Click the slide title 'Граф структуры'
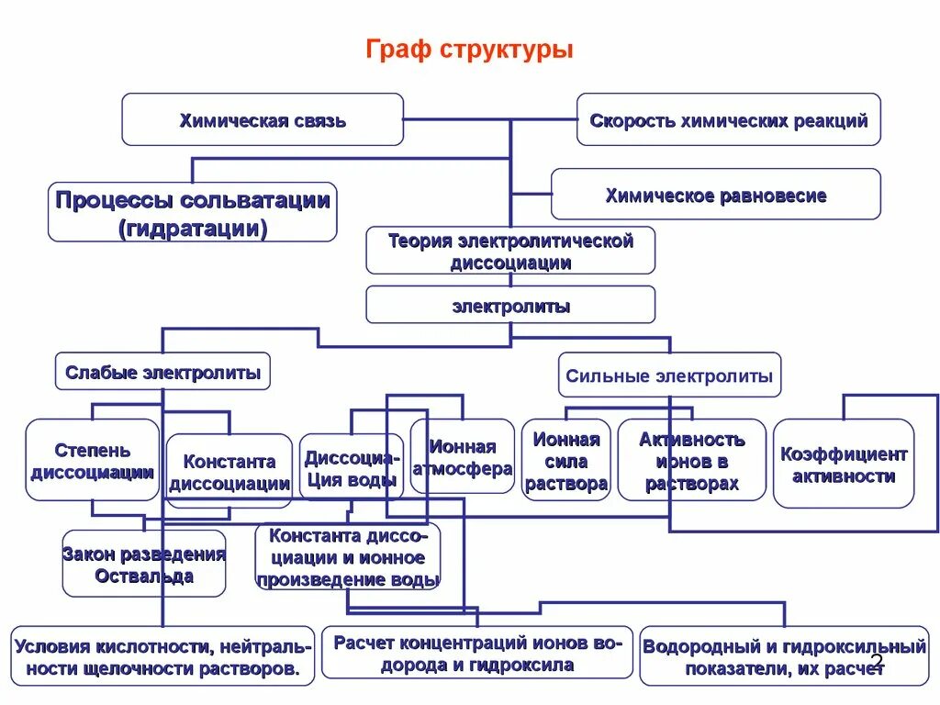pos(469,50)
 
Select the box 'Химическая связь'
pos(263,119)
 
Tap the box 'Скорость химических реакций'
pos(728,119)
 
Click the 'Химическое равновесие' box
pos(715,195)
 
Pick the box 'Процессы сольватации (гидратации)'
pos(192,213)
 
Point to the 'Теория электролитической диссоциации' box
pos(510,251)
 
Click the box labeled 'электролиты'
pos(510,305)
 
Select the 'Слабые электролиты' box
pos(162,372)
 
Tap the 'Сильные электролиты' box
pos(669,375)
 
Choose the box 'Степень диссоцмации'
pos(92,461)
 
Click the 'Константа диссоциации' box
pos(229,472)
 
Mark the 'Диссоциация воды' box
pos(351,467)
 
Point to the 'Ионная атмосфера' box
pos(462,457)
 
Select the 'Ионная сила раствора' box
pos(565,461)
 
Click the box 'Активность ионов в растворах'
pos(691,461)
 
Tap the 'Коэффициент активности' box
pos(843,464)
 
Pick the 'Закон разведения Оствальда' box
pos(143,565)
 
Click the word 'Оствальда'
pos(143,576)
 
